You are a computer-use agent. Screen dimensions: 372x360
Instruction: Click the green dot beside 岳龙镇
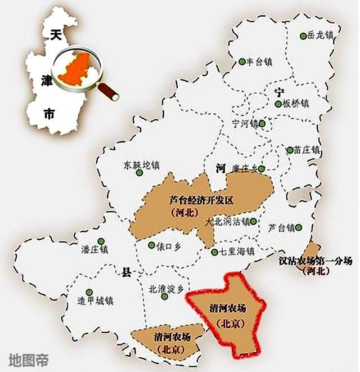click(x=303, y=35)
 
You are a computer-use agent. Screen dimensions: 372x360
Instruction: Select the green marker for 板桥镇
click(x=278, y=104)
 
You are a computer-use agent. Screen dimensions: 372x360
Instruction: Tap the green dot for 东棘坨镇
click(x=139, y=172)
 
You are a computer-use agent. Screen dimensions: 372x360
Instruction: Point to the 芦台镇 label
click(x=281, y=228)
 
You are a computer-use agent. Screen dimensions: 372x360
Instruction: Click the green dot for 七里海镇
click(x=214, y=252)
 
